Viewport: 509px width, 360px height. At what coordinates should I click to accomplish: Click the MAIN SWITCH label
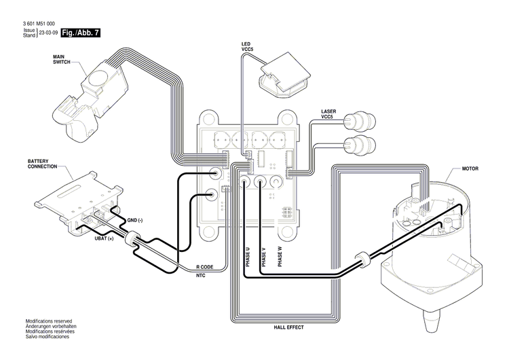click(x=62, y=59)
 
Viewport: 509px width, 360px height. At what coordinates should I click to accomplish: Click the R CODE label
click(x=205, y=267)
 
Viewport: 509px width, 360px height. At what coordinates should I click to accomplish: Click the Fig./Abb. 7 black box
click(x=80, y=32)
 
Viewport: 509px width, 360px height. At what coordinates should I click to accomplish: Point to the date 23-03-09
click(x=48, y=33)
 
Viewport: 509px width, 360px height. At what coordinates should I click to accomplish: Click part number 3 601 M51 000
click(x=39, y=24)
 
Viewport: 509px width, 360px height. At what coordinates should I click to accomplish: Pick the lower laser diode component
click(x=359, y=145)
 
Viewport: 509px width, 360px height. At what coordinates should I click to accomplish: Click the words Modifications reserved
click(x=48, y=321)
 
